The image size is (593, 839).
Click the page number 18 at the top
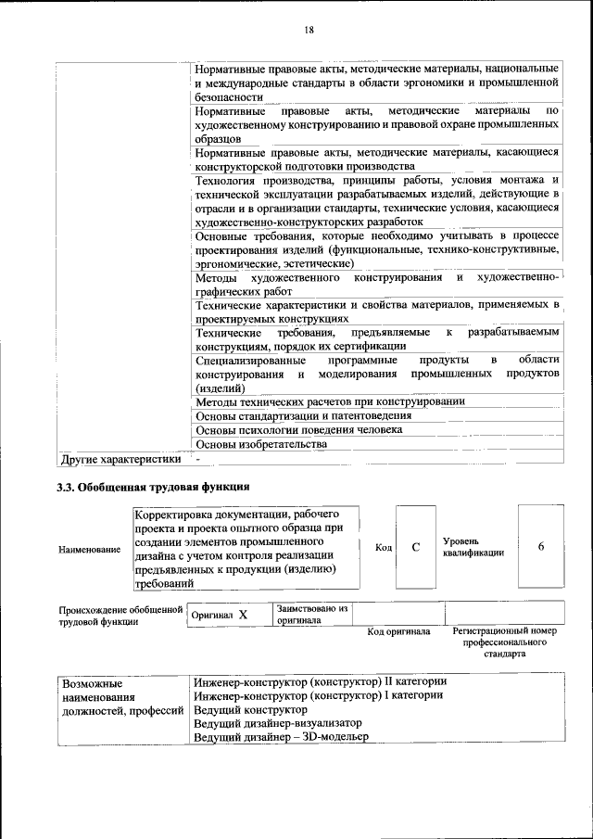(x=309, y=30)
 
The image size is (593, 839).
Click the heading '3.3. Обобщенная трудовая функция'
(x=153, y=486)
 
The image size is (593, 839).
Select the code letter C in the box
(x=416, y=548)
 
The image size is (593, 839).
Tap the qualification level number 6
(x=540, y=547)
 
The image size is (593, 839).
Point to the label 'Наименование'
(x=89, y=550)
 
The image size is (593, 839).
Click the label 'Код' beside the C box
(x=384, y=548)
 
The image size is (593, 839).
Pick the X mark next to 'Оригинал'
(x=242, y=615)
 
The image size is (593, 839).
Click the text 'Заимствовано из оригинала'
(x=311, y=615)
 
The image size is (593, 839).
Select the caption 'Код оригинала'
(x=398, y=632)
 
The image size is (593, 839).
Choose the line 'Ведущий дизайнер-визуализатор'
(x=278, y=723)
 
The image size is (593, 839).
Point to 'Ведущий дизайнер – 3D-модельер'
(x=281, y=737)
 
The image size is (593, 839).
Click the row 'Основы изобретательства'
(x=262, y=444)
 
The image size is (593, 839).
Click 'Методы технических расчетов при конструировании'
(x=330, y=401)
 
